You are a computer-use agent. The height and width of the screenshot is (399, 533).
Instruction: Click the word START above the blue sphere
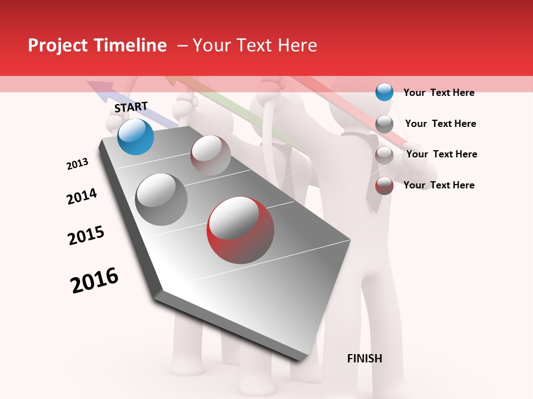point(131,107)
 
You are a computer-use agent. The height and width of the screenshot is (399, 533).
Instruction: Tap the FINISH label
point(364,359)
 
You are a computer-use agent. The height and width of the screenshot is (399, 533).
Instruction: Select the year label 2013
point(77,164)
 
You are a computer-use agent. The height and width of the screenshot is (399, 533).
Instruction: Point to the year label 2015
point(86,236)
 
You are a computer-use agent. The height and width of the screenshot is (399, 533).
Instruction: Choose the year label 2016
point(94,280)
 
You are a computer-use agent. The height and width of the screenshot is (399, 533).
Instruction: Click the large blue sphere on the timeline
point(135,136)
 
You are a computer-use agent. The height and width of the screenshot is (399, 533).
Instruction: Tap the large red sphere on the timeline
point(240,230)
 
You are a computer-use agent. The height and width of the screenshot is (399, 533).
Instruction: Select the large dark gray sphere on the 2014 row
point(162,199)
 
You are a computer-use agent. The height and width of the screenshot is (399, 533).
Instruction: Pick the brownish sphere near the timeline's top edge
point(210,155)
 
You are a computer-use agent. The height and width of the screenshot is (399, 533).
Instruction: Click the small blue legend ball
point(384,92)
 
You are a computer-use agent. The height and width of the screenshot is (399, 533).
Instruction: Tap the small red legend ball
point(384,186)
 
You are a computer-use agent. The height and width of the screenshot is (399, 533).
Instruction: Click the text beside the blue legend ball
point(439,93)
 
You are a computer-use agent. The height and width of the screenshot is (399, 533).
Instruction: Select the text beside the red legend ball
point(439,185)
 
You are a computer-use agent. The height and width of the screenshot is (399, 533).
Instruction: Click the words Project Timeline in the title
point(97,45)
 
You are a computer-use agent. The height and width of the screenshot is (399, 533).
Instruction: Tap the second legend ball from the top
point(384,124)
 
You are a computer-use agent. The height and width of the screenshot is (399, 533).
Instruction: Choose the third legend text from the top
point(441,154)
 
